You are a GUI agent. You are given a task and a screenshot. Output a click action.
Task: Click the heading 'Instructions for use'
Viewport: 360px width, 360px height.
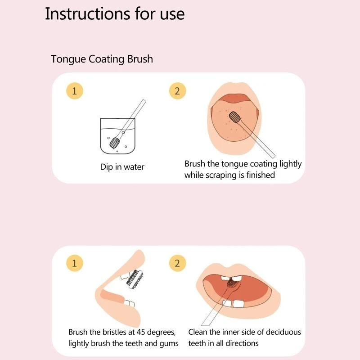(115, 14)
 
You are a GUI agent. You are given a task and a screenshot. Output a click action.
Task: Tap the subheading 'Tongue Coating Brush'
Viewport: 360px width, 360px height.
(102, 59)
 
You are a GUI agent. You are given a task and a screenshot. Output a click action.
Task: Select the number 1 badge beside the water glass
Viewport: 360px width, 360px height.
(74, 91)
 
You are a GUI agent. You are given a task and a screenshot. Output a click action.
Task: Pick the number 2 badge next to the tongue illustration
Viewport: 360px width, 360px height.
(177, 91)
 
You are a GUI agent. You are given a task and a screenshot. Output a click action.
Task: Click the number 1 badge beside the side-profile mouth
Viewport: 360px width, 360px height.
(74, 263)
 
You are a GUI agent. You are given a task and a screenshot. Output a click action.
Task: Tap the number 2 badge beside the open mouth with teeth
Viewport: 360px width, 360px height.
(177, 263)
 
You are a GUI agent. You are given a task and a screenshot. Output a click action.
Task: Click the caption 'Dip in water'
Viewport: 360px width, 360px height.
(122, 167)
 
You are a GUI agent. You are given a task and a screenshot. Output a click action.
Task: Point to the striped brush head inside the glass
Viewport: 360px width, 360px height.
(115, 142)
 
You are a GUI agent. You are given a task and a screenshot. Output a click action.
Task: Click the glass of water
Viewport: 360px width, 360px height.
(117, 136)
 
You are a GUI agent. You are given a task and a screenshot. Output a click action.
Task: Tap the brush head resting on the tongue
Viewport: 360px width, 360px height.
(234, 117)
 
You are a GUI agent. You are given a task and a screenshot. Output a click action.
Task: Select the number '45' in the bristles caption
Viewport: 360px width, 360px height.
(141, 332)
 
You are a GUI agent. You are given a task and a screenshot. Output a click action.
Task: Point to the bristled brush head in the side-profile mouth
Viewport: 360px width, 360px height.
(135, 279)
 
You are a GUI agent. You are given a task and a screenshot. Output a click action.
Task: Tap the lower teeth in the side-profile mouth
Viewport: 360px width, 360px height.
(129, 303)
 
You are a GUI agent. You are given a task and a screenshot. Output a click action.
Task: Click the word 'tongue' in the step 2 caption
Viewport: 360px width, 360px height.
(234, 164)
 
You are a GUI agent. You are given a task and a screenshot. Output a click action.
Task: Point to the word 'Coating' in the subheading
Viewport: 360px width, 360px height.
(107, 59)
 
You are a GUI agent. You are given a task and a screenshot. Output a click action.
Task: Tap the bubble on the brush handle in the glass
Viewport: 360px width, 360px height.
(123, 132)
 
